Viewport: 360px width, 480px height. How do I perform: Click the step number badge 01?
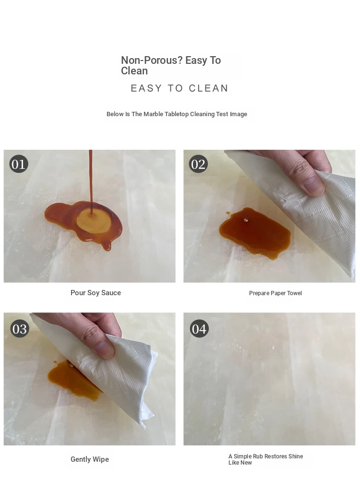(x=19, y=164)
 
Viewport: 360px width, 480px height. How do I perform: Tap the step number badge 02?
(x=198, y=164)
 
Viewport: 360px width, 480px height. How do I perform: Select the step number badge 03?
(x=20, y=328)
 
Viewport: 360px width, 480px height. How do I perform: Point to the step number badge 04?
(x=199, y=328)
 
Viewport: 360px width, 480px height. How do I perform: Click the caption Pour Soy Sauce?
(x=96, y=293)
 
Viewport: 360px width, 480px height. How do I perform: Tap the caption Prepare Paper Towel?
(x=276, y=293)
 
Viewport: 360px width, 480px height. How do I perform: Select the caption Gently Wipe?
(x=90, y=459)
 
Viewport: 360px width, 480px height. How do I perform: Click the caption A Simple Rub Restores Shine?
(x=266, y=456)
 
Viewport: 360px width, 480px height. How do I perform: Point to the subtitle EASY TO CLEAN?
(x=180, y=88)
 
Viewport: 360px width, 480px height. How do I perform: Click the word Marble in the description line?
(x=153, y=114)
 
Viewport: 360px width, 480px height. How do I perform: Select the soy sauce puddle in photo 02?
(x=255, y=232)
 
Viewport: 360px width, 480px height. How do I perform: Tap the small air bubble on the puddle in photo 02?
(x=246, y=219)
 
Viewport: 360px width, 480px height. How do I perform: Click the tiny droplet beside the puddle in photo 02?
(x=228, y=213)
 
